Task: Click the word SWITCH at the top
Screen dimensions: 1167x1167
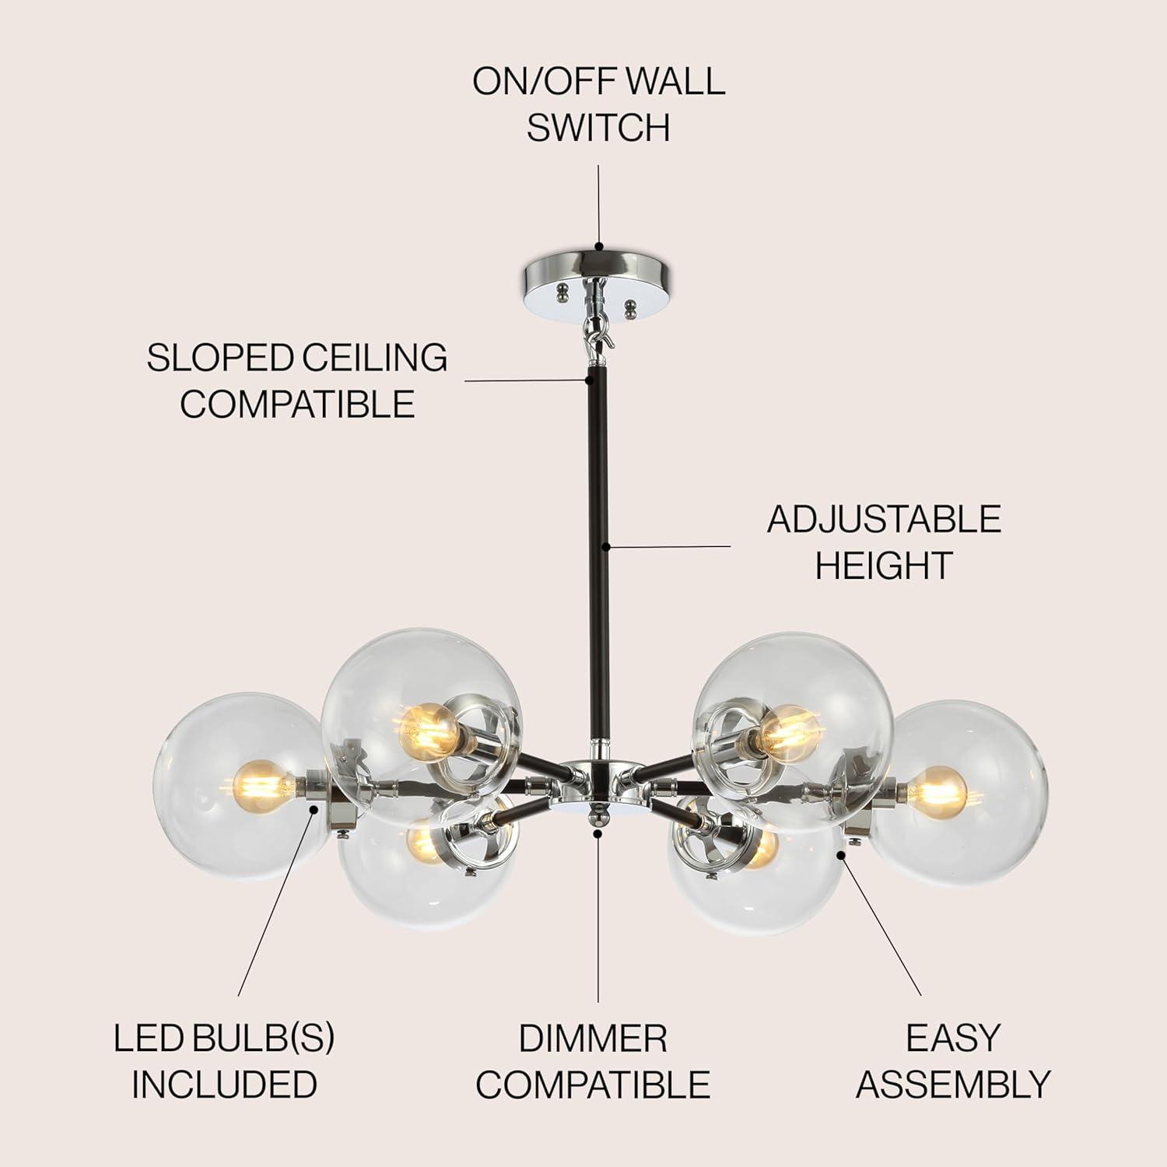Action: tap(598, 128)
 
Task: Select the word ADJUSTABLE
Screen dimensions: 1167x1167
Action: tap(884, 519)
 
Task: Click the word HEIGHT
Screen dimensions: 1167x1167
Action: tap(884, 565)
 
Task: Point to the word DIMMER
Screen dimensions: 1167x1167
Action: tap(593, 1039)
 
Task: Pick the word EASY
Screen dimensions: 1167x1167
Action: tap(952, 1039)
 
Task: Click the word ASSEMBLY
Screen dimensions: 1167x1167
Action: tap(954, 1085)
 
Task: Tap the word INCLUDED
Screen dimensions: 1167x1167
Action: tap(224, 1085)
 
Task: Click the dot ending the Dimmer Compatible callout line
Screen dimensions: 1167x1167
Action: tap(598, 832)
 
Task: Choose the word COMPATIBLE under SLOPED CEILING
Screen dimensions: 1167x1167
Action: tap(298, 404)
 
